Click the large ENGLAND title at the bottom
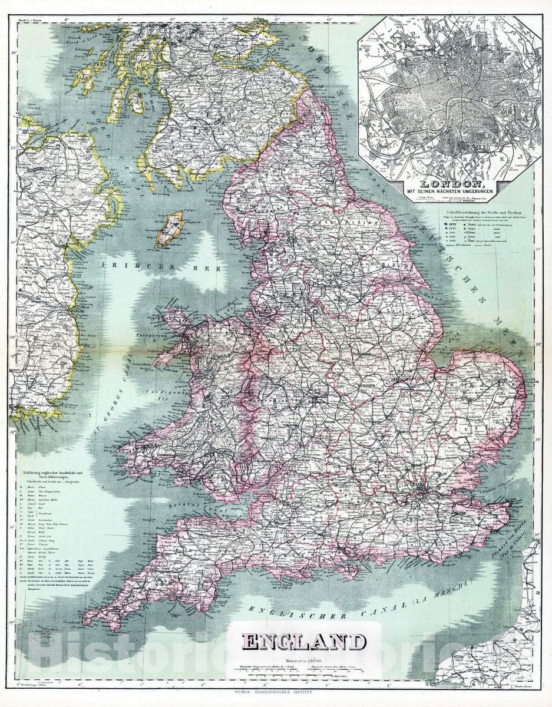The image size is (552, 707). (x=303, y=642)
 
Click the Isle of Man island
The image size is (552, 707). (x=170, y=230)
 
